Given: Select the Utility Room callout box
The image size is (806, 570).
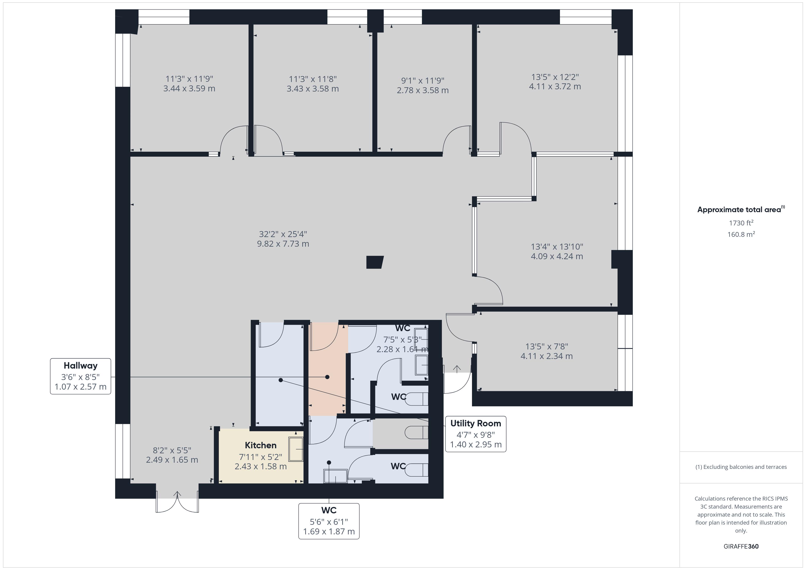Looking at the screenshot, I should [x=475, y=434].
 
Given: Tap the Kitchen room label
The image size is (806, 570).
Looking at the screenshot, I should [x=260, y=445].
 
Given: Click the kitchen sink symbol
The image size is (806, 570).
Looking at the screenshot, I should [x=296, y=449].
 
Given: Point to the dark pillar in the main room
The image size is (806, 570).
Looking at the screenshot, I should [x=375, y=262].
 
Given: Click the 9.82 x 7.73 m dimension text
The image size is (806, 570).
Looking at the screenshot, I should [x=283, y=244].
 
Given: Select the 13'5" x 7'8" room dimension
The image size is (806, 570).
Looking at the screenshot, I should [x=546, y=346].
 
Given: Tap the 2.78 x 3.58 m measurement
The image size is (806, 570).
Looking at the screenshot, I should [x=423, y=90].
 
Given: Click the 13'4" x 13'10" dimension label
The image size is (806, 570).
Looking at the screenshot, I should [x=557, y=247].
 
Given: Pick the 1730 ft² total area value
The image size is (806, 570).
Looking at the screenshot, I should [x=741, y=223].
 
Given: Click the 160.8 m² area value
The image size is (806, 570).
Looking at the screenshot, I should [x=741, y=234].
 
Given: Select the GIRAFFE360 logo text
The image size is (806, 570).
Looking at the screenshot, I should [x=741, y=546].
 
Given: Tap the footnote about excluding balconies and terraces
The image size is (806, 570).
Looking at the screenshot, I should [x=741, y=467].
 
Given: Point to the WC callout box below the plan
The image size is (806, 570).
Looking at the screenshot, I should [x=329, y=521].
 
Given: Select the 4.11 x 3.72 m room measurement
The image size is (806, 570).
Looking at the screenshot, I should [x=555, y=86].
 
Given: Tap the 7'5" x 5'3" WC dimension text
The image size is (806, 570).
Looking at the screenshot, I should [x=402, y=339].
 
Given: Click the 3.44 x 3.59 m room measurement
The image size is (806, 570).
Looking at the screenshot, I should [x=189, y=88].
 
